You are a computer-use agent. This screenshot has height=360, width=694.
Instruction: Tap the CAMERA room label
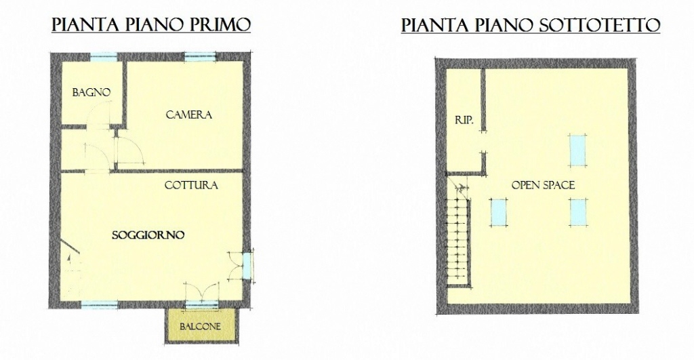point(189,115)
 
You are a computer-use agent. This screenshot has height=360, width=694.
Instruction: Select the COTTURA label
point(191,185)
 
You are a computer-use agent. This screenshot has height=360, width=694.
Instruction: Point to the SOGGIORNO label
point(148,235)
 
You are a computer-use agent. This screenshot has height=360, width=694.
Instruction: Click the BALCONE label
point(200,327)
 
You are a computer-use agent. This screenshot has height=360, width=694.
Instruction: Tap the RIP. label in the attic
point(464,120)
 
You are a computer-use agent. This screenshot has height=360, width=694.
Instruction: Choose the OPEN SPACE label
point(543,185)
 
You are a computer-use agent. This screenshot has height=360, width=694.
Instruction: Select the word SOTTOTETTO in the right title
point(600,25)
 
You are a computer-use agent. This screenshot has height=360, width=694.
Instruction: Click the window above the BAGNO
point(104,56)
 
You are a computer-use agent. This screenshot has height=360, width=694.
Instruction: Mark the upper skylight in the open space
point(577,150)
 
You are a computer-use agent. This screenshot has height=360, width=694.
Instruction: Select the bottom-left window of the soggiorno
point(100,304)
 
